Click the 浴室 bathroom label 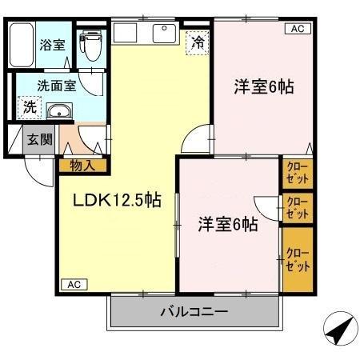[x=53, y=46]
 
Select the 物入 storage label [x=82, y=166]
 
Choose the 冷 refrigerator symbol [x=196, y=43]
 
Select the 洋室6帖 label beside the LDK [x=227, y=225]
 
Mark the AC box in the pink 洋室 [x=295, y=29]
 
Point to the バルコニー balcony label [x=196, y=310]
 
